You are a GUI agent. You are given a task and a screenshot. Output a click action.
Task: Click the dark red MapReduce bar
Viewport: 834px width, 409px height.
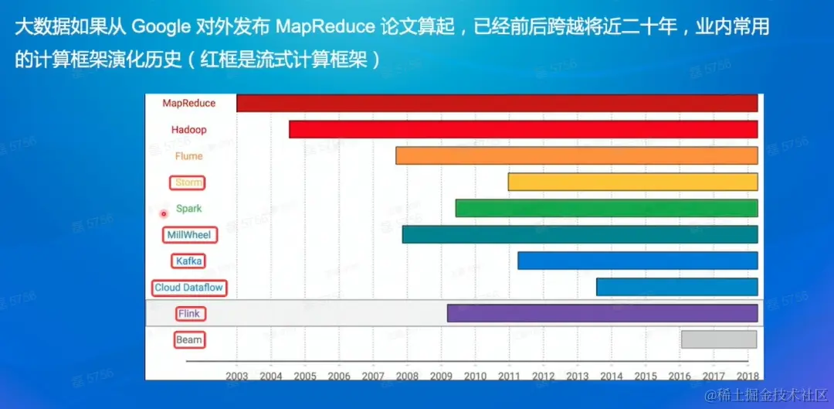tap(497, 103)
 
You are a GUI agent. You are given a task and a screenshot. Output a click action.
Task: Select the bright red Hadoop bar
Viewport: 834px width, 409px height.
tap(523, 129)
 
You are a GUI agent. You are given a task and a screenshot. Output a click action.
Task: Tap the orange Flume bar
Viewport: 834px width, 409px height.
tap(576, 155)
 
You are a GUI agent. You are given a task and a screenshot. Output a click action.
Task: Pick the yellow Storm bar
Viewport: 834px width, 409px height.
tap(632, 182)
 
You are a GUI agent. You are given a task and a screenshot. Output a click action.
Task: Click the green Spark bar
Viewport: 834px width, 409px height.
tap(606, 209)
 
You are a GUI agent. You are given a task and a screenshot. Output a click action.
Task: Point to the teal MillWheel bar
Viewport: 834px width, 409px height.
tap(579, 234)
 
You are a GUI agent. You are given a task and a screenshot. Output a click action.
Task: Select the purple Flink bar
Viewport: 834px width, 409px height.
tap(602, 313)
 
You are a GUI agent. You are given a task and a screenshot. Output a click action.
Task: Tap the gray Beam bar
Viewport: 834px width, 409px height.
tap(718, 339)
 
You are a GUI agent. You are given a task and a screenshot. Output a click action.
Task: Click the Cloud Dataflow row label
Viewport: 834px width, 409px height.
tap(189, 288)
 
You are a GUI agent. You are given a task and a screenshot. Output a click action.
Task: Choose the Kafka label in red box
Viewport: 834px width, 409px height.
tap(189, 261)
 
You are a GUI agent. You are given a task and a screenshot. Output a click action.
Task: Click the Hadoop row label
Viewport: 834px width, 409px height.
tap(189, 130)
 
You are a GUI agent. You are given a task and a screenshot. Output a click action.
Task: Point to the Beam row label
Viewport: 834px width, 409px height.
tap(189, 339)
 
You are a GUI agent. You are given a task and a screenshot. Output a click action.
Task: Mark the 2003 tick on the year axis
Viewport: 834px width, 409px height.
tap(237, 376)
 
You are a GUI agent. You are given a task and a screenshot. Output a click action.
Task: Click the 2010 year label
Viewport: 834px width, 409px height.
tap(475, 376)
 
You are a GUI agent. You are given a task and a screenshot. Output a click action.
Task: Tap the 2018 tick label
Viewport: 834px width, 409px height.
tap(746, 376)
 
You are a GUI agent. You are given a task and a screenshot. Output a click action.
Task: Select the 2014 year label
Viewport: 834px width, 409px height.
tap(611, 376)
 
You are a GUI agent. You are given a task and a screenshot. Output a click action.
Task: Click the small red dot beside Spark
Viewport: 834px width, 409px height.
tap(164, 213)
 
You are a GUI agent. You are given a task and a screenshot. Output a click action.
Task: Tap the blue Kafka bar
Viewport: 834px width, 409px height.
tap(637, 261)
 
